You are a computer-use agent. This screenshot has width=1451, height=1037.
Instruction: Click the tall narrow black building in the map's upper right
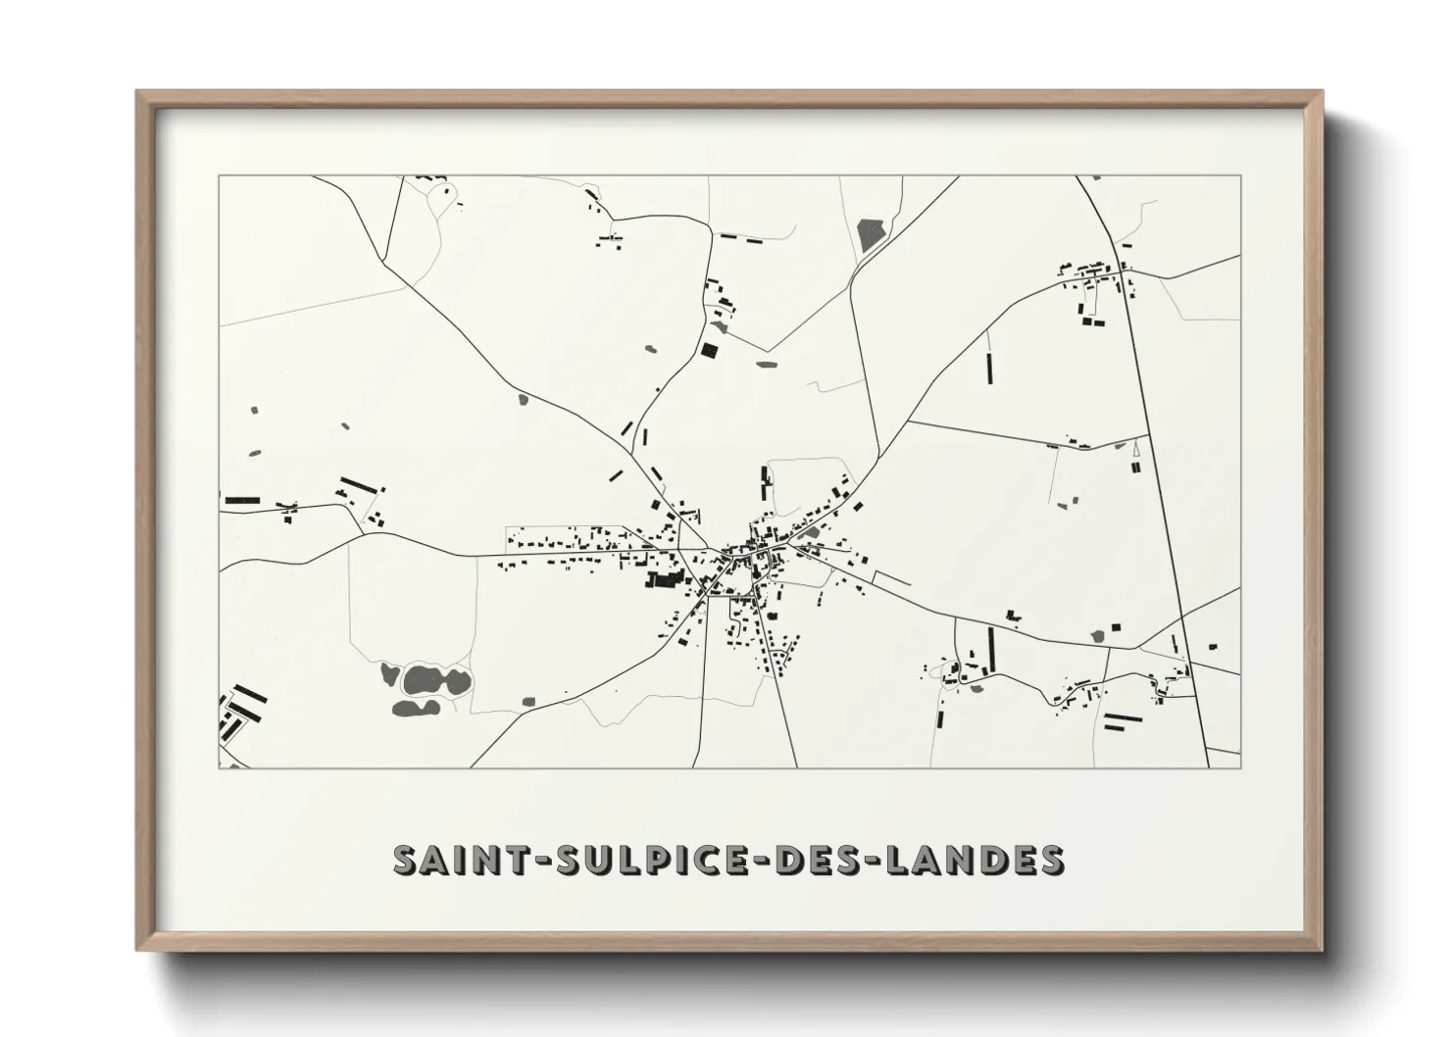(x=988, y=369)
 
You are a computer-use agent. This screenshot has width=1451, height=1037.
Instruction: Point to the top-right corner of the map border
(x=1240, y=176)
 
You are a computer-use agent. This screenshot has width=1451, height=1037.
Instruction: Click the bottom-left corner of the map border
(x=219, y=767)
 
